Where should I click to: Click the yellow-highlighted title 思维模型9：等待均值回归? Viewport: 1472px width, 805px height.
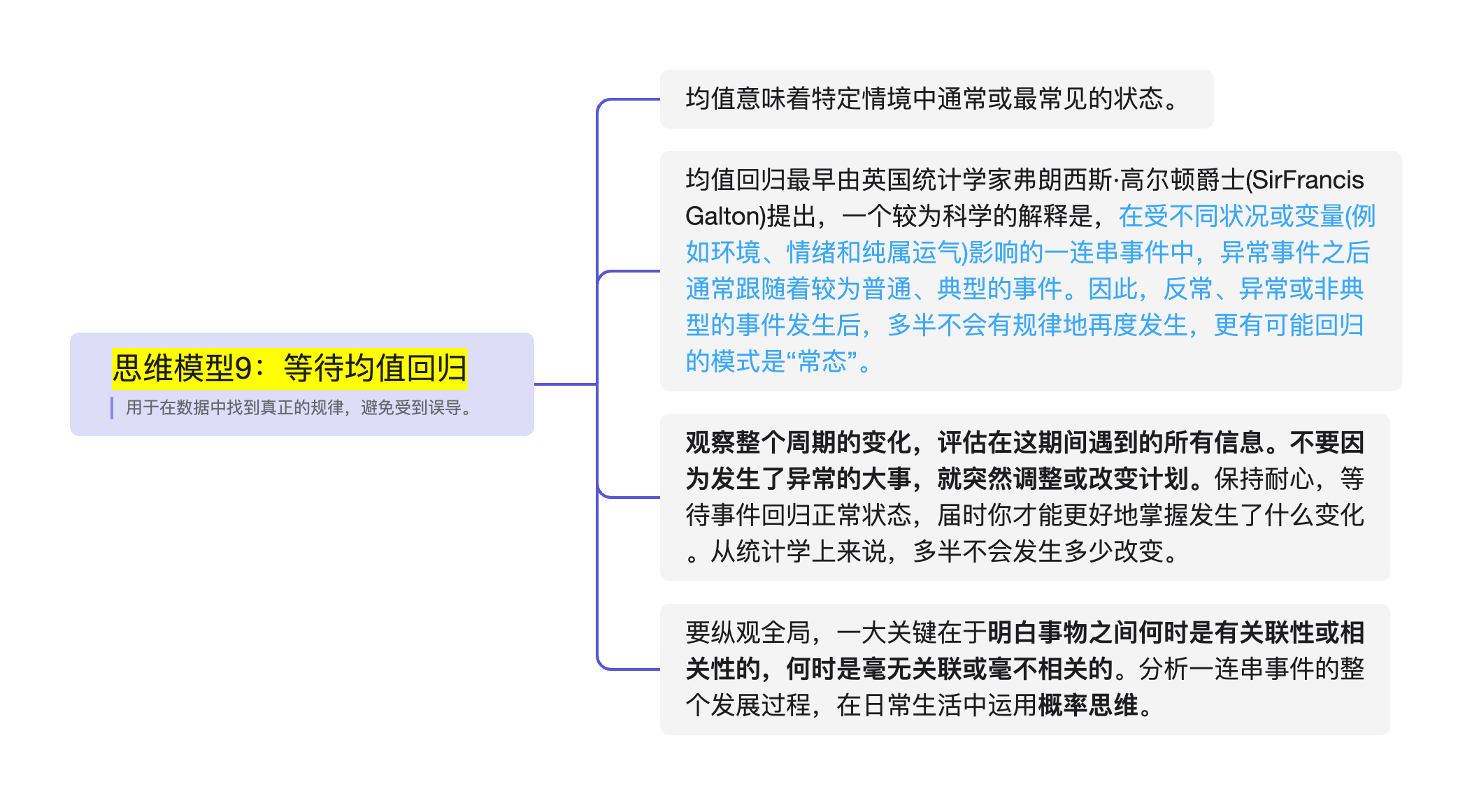coord(289,368)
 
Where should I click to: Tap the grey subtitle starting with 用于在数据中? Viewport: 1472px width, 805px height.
coord(299,407)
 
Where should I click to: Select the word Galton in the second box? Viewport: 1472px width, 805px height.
coord(721,217)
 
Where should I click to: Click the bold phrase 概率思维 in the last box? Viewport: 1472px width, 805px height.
coord(1088,706)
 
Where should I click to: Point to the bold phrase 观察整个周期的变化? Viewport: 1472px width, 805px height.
coord(799,443)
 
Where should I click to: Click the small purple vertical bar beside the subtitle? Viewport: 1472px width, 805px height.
coord(112,407)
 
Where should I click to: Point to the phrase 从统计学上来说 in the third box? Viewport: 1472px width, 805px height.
coord(798,552)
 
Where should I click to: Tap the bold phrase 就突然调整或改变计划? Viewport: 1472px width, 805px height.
coord(1062,479)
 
